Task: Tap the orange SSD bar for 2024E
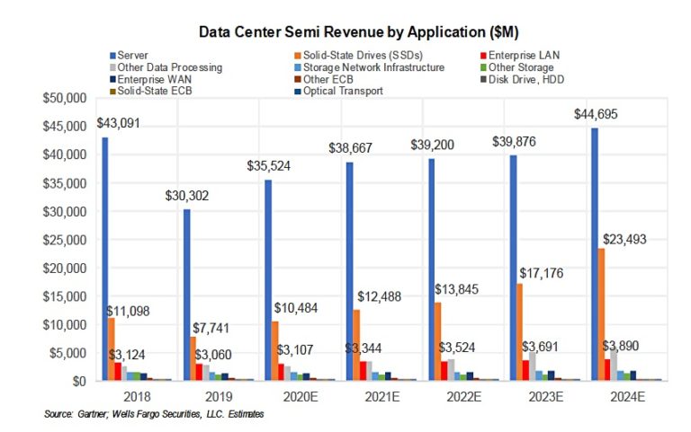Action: pos(599,314)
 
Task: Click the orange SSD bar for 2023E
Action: pos(518,332)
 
